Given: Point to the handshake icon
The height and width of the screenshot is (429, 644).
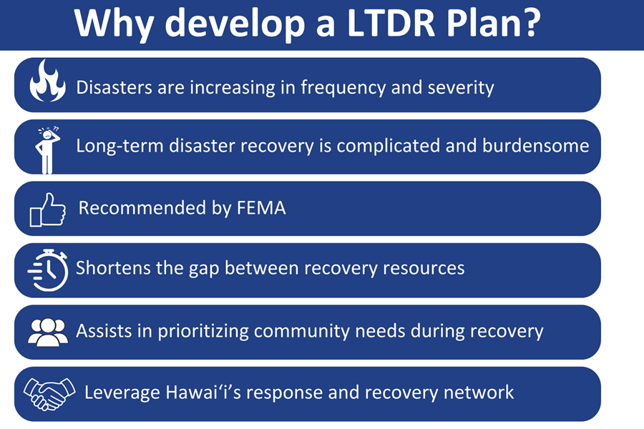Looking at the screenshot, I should (49, 393).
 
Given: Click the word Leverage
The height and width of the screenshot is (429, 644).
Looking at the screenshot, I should (120, 393).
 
